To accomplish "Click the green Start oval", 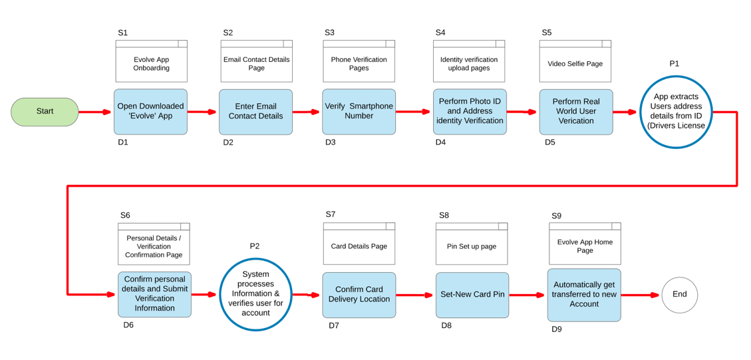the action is tap(45, 112).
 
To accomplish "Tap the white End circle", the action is tap(680, 295).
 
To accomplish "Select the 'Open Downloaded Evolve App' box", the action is tap(150, 112).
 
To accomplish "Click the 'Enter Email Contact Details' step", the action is tap(255, 112).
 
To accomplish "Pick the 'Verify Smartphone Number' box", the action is tap(359, 112).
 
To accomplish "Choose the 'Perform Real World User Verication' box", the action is tap(576, 112).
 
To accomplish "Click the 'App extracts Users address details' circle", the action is tap(676, 111).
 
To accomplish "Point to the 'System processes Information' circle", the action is tap(255, 294).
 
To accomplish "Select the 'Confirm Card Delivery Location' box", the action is tap(359, 295).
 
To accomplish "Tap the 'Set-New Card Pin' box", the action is tap(472, 295).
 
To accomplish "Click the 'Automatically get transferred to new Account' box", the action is tap(584, 295).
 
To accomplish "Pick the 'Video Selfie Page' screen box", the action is tap(575, 61).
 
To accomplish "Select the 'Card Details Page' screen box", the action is tap(359, 243).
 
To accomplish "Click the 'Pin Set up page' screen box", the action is tap(472, 244).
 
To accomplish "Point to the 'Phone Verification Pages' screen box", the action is tap(359, 61).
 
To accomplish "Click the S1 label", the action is tap(123, 33).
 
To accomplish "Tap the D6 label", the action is tap(128, 325).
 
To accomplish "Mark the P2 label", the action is tap(255, 246).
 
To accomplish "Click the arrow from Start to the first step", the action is tap(96, 112).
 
